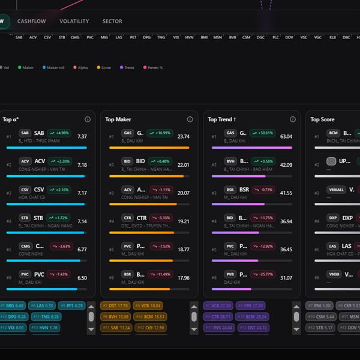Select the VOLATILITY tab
tap(74, 21)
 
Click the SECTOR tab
tap(112, 21)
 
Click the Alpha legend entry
tap(80, 68)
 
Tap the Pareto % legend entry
tap(152, 68)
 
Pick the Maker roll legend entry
tap(53, 68)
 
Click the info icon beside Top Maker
tap(190, 119)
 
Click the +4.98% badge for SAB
tap(60, 133)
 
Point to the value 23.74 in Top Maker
tap(183, 137)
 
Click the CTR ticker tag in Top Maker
tap(127, 218)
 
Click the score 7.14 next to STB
tap(82, 221)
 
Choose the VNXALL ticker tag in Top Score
tap(337, 190)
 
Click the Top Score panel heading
tap(322, 119)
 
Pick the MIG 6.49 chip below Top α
tap(13, 306)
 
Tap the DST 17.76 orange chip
tap(115, 306)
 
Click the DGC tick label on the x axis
tap(260, 37)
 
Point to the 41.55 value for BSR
tap(286, 193)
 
